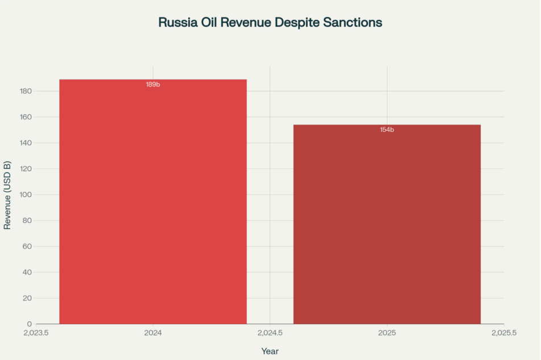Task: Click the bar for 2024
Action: [x=153, y=202]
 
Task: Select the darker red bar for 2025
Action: [x=387, y=225]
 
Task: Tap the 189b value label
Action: [x=153, y=84]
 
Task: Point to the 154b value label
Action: [x=387, y=130]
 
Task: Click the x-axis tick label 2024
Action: [x=153, y=332]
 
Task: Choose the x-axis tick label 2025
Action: [x=387, y=332]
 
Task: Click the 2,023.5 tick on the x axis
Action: [x=36, y=332]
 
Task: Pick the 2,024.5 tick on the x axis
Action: [x=270, y=332]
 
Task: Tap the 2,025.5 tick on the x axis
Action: [x=503, y=332]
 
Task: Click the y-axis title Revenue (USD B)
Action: [x=7, y=195]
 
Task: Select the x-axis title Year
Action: [x=270, y=351]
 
